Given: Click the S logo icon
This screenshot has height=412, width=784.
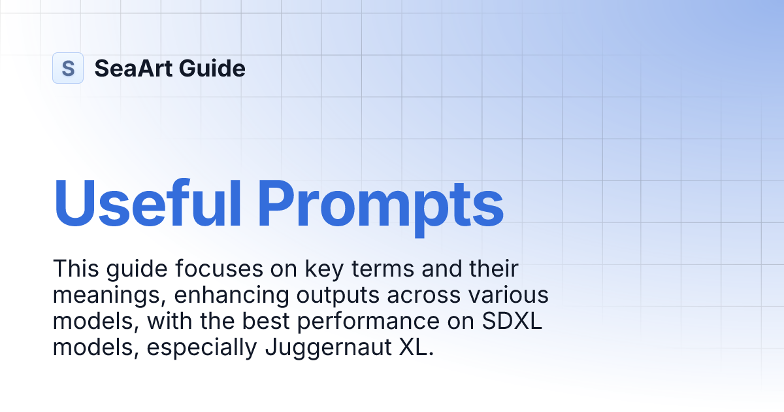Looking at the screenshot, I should (x=68, y=68).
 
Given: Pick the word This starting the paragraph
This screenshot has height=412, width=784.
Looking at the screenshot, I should (x=73, y=268).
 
